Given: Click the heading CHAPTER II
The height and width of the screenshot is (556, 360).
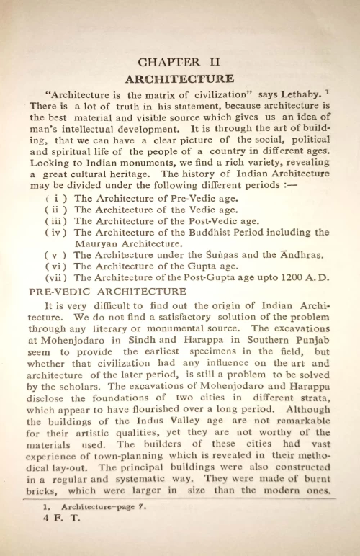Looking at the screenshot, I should pyautogui.click(x=179, y=63).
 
